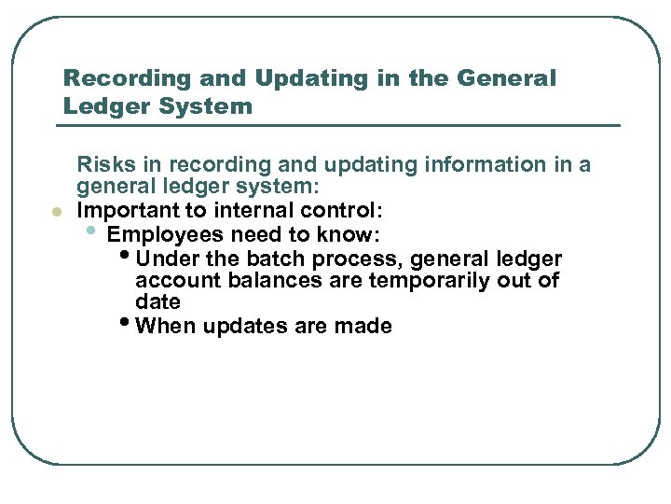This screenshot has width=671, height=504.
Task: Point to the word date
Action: tap(157, 302)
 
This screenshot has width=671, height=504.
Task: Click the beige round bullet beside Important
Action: tap(55, 213)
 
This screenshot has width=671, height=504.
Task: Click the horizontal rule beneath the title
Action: tap(341, 125)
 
